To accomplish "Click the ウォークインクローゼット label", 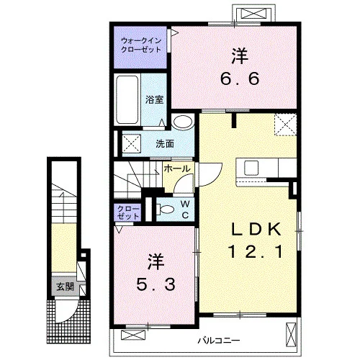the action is (141, 45).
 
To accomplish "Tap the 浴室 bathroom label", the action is (154, 99).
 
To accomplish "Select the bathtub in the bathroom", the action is (127, 100).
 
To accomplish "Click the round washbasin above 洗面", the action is (183, 122).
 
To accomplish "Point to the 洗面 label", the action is (165, 144).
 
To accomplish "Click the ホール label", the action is (177, 169).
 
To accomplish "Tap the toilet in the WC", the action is (165, 210).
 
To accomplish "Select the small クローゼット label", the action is (128, 212).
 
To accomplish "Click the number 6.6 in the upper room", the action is (240, 78).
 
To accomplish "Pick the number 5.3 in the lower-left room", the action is (156, 284).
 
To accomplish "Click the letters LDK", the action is (256, 230).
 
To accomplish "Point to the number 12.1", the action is (256, 251).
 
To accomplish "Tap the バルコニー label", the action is (219, 341).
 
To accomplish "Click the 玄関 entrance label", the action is (65, 287).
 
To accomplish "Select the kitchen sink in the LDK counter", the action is (251, 168).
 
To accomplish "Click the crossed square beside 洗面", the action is (132, 143).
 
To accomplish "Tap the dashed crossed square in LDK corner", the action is (286, 125).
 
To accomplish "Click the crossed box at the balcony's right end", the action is (292, 335).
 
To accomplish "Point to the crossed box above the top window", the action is (253, 13).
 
